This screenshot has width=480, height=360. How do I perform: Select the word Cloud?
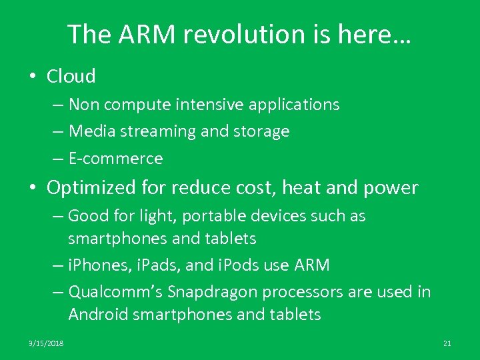(71, 76)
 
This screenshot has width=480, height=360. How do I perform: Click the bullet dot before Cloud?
(32, 76)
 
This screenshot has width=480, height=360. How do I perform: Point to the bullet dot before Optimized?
(32, 188)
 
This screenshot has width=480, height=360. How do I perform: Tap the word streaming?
(159, 131)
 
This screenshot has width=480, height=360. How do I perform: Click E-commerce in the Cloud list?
(115, 159)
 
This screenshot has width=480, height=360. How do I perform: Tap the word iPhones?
(95, 265)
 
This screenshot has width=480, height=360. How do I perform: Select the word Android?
(98, 315)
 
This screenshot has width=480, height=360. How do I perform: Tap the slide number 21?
(447, 343)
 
